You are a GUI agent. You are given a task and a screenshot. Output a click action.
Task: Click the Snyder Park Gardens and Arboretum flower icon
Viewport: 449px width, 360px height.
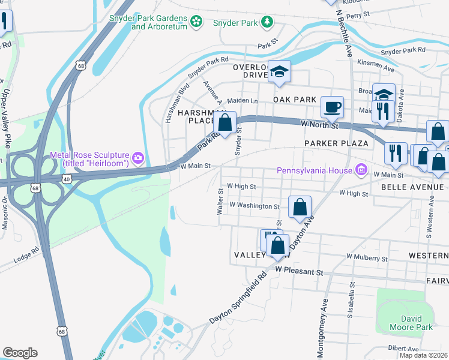pyautogui.click(x=196, y=22)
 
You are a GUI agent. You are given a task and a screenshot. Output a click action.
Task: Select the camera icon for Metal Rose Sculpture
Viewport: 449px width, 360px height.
pyautogui.click(x=139, y=158)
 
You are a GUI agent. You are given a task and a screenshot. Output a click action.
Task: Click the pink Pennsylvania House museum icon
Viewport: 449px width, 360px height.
pyautogui.click(x=361, y=170)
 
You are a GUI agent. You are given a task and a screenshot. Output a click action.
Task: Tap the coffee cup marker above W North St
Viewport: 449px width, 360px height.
pyautogui.click(x=333, y=107)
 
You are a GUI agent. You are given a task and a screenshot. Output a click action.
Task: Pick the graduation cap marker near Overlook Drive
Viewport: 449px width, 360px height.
pyautogui.click(x=279, y=72)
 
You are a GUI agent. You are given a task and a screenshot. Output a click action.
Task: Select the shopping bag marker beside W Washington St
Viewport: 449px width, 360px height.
pyautogui.click(x=300, y=207)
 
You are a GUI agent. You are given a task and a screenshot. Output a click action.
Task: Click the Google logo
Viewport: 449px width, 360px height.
pyautogui.click(x=20, y=353)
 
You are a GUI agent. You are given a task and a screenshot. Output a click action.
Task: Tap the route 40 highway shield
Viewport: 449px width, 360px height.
pyautogui.click(x=67, y=179)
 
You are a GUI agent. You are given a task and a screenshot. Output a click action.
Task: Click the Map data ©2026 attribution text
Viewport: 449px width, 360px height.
pyautogui.click(x=423, y=355)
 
